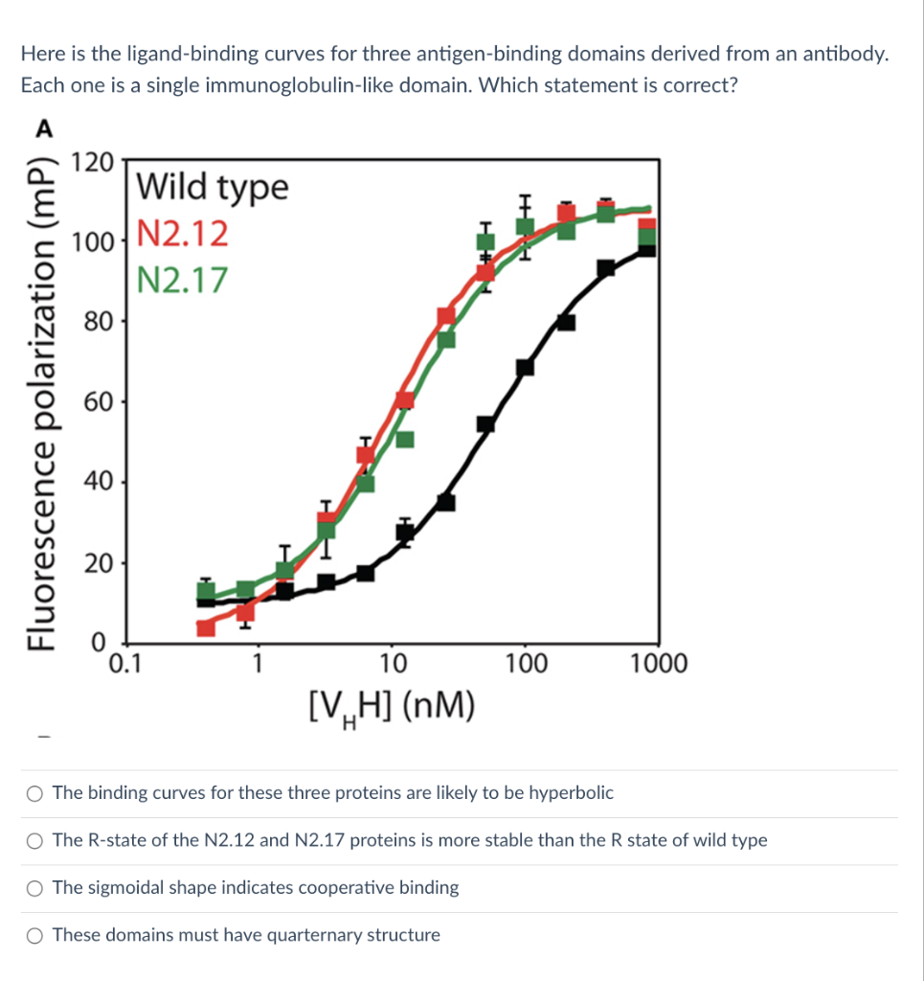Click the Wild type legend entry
pos(212,187)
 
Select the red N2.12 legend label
pos(183,233)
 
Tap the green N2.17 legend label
pos(183,280)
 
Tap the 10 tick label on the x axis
pos(393,663)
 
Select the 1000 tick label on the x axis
pos(659,663)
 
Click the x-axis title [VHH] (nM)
pos(392,710)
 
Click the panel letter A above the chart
pos(44,127)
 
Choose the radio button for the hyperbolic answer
pos(35,793)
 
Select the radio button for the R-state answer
pos(35,841)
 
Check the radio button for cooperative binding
pos(35,888)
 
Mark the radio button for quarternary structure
pos(35,935)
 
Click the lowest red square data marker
pos(205,627)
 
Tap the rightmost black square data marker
pos(647,247)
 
